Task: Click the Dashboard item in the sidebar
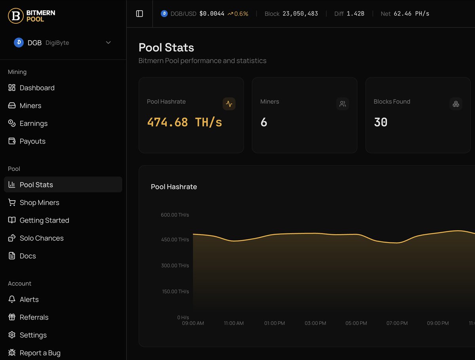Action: (x=37, y=88)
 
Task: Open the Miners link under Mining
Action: (x=30, y=106)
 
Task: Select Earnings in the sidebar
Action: (x=33, y=123)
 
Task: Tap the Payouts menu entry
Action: (x=32, y=141)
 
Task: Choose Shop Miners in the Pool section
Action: (x=39, y=203)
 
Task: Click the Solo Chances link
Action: (x=41, y=238)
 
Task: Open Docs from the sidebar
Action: (x=28, y=256)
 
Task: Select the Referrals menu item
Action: (x=34, y=317)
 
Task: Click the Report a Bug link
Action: (x=40, y=353)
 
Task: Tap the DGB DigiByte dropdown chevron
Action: (x=108, y=43)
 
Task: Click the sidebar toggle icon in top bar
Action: (x=139, y=14)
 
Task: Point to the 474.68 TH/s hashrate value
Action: (x=184, y=122)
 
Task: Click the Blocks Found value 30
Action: (x=380, y=122)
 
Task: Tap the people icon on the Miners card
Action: (x=342, y=104)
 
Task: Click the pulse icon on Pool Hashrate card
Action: (x=229, y=104)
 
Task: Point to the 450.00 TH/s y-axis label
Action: (x=175, y=240)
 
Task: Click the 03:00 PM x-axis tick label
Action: (x=315, y=323)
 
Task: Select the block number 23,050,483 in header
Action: (x=300, y=14)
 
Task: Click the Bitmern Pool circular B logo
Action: (x=16, y=16)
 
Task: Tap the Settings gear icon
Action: (x=12, y=335)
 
